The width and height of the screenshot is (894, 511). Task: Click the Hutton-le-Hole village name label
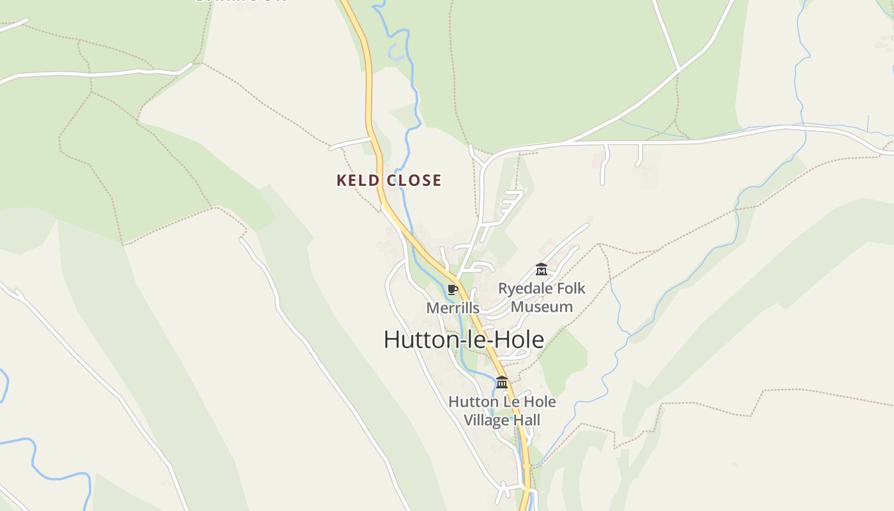(x=464, y=339)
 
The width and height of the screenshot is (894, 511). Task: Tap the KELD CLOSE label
(x=389, y=181)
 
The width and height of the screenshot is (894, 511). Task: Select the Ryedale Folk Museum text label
(x=542, y=298)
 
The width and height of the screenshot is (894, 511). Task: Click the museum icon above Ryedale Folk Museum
(x=542, y=270)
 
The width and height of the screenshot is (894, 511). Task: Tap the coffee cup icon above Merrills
(x=453, y=289)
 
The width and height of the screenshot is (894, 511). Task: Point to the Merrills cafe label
(x=453, y=308)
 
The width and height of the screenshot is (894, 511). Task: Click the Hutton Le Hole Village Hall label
(x=502, y=411)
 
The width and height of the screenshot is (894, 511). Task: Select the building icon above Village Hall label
(x=502, y=383)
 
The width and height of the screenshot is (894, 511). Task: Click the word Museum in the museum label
(x=542, y=307)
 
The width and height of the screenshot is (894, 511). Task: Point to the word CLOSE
(x=414, y=181)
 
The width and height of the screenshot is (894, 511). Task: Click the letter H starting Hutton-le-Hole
(x=391, y=339)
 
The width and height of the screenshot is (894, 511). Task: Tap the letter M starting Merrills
(x=432, y=308)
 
